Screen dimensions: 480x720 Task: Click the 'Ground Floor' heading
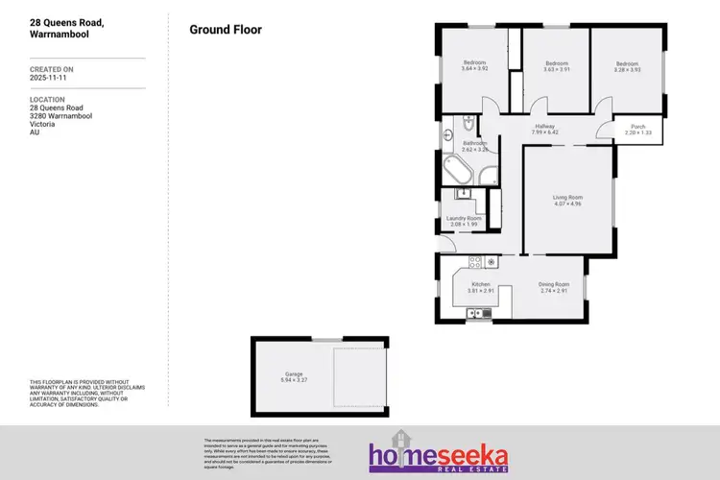coord(226,30)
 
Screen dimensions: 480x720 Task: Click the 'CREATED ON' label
coord(51,69)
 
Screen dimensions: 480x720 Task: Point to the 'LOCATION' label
coord(47,99)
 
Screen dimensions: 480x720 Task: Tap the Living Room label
coord(567,198)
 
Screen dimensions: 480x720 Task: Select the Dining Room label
coord(554,284)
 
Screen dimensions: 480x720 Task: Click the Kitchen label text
coord(480,284)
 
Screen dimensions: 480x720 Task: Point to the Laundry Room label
coord(464,218)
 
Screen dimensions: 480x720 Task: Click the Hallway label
coord(545,126)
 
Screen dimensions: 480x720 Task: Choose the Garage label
coord(293,373)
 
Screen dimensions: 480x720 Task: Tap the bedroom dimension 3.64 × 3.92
coord(474,69)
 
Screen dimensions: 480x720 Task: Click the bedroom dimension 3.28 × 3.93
coord(629,69)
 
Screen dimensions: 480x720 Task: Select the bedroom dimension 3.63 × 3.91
coord(556,69)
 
